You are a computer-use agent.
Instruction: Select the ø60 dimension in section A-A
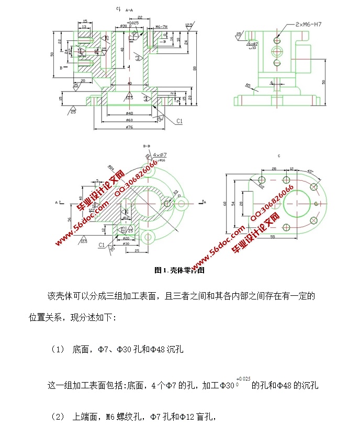click(x=129, y=120)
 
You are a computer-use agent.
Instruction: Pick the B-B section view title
click(x=147, y=147)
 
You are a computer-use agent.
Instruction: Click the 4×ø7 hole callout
click(x=160, y=155)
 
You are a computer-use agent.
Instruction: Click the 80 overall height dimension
click(x=194, y=67)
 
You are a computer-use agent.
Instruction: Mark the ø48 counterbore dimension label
click(x=129, y=113)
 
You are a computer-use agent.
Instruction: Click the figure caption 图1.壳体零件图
click(x=179, y=270)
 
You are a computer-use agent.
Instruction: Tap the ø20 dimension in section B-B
click(x=126, y=238)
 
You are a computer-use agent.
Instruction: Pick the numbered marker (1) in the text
click(x=58, y=349)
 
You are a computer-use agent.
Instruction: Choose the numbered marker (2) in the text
click(x=58, y=417)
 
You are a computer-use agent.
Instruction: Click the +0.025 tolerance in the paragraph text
click(x=243, y=377)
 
